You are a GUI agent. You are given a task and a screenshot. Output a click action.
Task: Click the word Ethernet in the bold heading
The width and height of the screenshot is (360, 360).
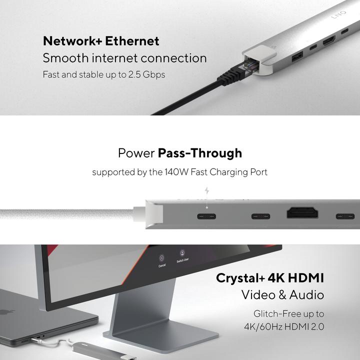(x=132, y=41)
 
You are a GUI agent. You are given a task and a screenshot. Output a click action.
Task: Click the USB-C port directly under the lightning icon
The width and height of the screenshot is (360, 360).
(x=207, y=216)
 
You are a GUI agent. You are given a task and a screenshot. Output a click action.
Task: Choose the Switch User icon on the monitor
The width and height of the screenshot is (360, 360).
(x=183, y=254)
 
